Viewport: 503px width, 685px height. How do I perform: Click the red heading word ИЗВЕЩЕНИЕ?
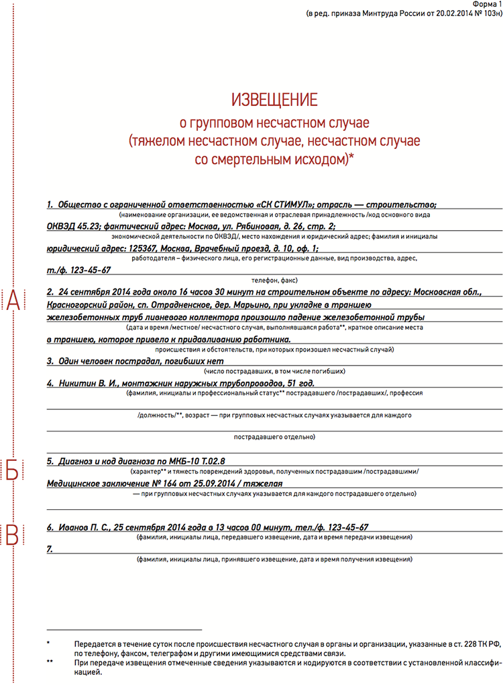point(274,101)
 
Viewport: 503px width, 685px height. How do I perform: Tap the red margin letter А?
point(13,302)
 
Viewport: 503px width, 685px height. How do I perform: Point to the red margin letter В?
point(13,534)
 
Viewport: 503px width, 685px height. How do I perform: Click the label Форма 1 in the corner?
point(486,4)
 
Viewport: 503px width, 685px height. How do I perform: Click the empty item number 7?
point(50,549)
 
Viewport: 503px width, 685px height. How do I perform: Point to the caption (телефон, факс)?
point(274,280)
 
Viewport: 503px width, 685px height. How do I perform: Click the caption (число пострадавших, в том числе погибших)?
point(274,370)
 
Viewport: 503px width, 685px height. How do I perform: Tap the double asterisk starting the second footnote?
point(50,661)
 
